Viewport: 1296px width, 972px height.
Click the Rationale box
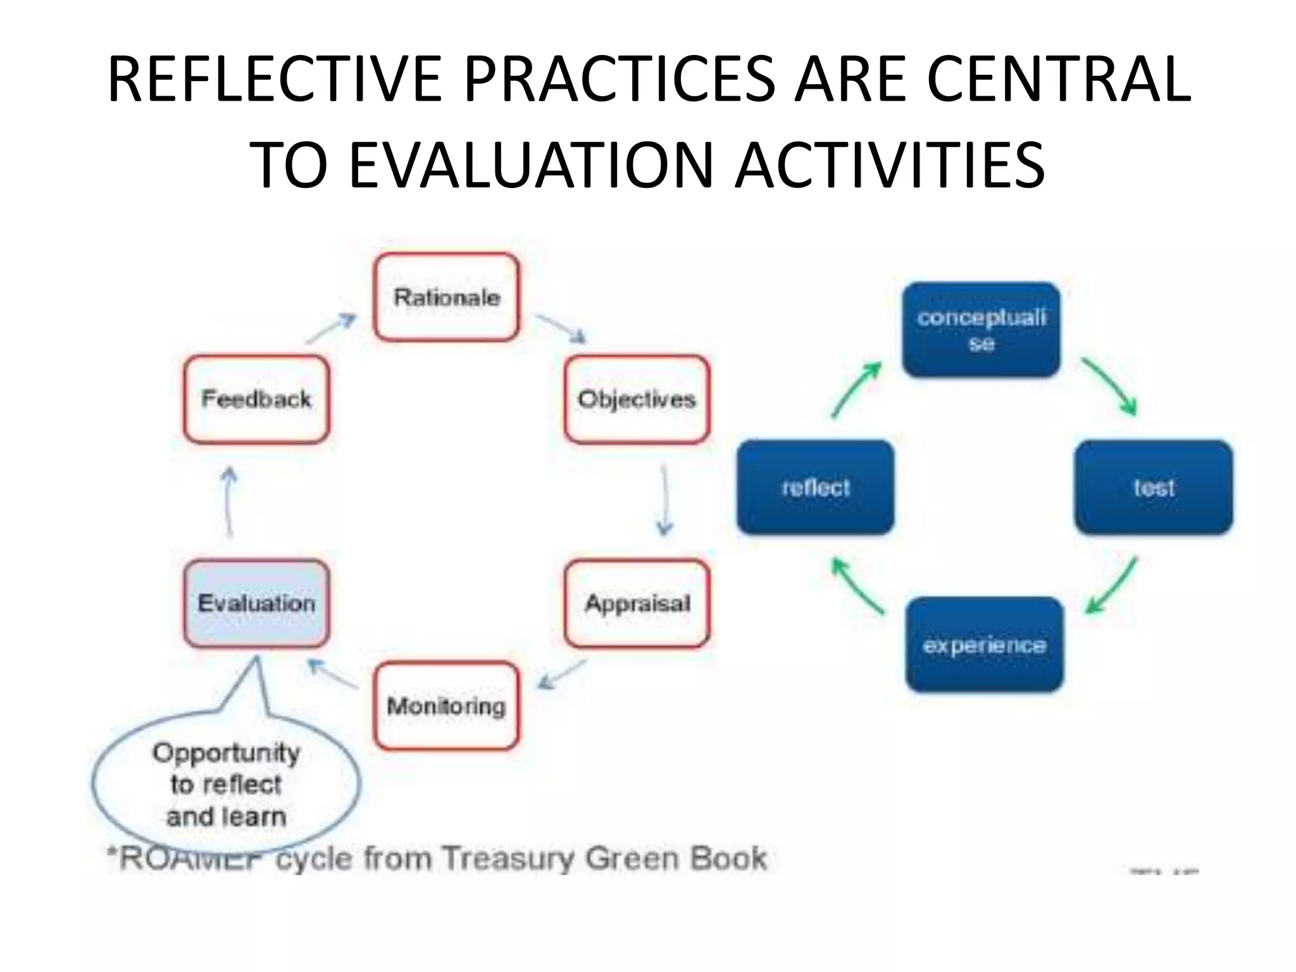pyautogui.click(x=446, y=297)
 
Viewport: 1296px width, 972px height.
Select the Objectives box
pyautogui.click(x=637, y=399)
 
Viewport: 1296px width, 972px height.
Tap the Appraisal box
pyautogui.click(x=637, y=603)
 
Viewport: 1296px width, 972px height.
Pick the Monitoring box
pyautogui.click(x=446, y=706)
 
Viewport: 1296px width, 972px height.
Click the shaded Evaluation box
pyautogui.click(x=256, y=603)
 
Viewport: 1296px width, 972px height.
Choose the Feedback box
pyautogui.click(x=256, y=399)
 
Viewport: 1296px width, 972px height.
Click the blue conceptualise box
pyautogui.click(x=981, y=330)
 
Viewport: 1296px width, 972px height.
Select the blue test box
pyautogui.click(x=1154, y=487)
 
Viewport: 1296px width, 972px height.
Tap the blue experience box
pyautogui.click(x=984, y=645)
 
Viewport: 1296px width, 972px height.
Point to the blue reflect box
pyautogui.click(x=816, y=487)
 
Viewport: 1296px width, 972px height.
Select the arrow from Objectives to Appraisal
pyautogui.click(x=664, y=501)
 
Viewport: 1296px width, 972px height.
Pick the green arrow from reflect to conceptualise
pyautogui.click(x=856, y=389)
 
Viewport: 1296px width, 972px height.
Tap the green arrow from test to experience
pyautogui.click(x=1112, y=586)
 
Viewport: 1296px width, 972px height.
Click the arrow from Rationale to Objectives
pyautogui.click(x=561, y=328)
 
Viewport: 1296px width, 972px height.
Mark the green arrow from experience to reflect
pyautogui.click(x=857, y=586)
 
